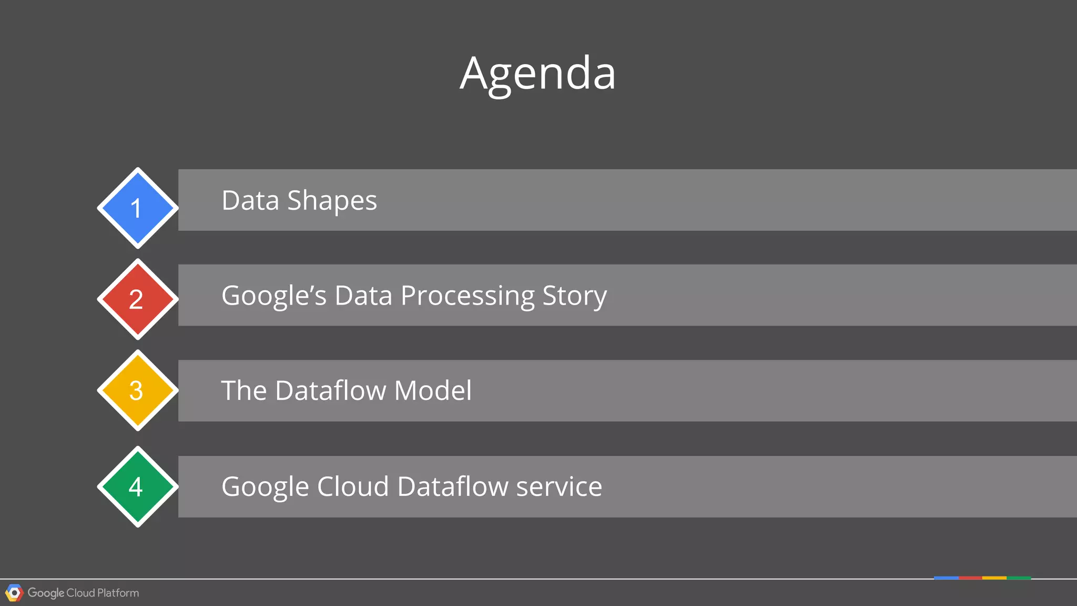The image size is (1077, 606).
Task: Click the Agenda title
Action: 537,74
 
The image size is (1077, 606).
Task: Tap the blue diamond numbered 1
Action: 138,208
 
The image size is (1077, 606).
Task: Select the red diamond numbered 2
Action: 138,299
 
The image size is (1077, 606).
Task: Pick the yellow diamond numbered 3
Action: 138,390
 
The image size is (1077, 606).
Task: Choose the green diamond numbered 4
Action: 138,487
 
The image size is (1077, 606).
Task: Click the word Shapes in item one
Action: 332,201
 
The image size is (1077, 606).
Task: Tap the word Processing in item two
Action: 468,296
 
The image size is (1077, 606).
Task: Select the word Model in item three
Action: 433,391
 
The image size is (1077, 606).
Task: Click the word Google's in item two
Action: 274,296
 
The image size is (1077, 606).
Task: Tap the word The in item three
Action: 244,391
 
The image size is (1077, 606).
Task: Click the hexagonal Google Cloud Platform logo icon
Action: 14,593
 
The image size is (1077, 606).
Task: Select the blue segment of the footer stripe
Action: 946,578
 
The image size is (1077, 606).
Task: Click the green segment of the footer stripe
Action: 1019,578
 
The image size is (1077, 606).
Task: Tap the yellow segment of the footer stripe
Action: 994,578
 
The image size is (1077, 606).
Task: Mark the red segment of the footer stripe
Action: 970,578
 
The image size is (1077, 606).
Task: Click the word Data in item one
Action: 250,201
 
